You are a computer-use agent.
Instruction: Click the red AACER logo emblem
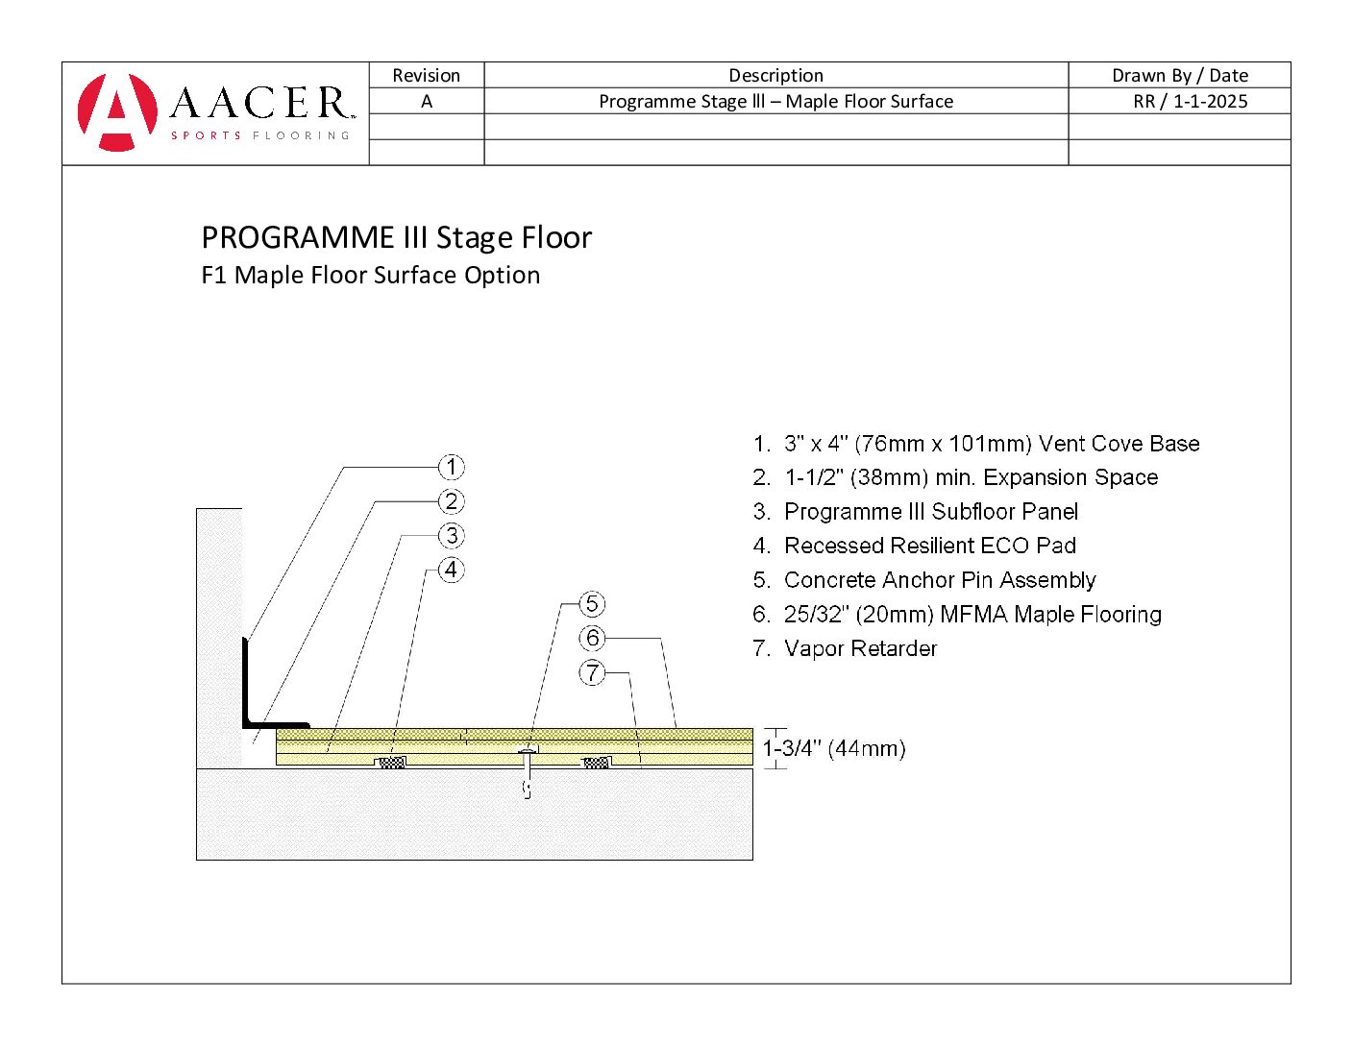[117, 111]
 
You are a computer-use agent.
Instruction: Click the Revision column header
[426, 76]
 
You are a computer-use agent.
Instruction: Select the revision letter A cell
[426, 102]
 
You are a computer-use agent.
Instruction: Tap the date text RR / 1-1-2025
[1190, 102]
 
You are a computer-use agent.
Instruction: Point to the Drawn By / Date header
[1179, 76]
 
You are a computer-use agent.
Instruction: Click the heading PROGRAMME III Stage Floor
[396, 237]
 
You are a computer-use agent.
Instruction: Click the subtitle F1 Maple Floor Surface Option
[370, 276]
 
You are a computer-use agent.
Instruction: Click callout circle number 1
[452, 468]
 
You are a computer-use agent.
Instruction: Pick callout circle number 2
[452, 501]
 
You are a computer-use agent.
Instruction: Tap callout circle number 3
[452, 536]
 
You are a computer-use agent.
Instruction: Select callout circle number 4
[452, 570]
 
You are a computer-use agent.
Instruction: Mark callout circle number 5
[592, 604]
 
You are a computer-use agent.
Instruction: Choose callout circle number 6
[592, 638]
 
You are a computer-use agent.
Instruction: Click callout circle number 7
[592, 672]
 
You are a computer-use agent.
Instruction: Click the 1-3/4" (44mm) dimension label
[834, 749]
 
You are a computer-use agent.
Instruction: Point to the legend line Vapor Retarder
[859, 648]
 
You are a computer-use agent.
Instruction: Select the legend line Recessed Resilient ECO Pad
[929, 546]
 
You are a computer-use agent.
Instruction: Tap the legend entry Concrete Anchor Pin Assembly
[939, 580]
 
